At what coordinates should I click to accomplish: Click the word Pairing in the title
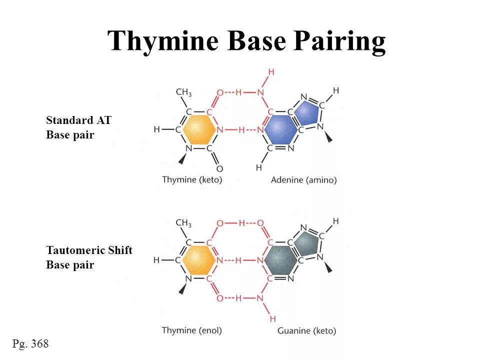[x=339, y=41]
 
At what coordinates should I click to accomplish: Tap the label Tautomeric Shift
[x=89, y=250]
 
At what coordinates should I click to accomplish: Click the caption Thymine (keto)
[x=192, y=179]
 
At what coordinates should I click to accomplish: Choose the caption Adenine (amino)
[x=303, y=179]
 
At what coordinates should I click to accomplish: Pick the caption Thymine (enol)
[x=191, y=330]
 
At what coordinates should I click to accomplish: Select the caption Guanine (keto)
[x=306, y=330]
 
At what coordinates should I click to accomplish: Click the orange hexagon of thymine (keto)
[x=199, y=129]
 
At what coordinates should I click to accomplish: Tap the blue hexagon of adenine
[x=280, y=129]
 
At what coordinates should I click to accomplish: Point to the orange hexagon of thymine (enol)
[x=199, y=260]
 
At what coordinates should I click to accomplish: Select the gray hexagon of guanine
[x=281, y=260]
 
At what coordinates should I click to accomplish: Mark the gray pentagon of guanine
[x=306, y=243]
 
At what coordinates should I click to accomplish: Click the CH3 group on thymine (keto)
[x=183, y=92]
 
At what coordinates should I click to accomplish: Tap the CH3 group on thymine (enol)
[x=183, y=223]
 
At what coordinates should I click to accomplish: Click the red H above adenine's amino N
[x=271, y=72]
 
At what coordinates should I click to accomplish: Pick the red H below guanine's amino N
[x=272, y=318]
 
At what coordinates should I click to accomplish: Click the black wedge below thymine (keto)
[x=182, y=159]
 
